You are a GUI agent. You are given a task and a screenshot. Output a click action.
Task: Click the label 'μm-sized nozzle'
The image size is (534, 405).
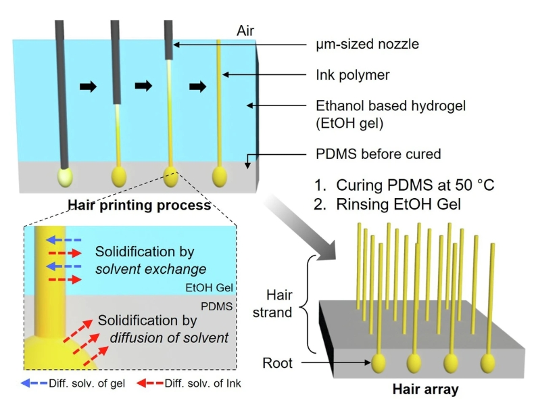click(367, 44)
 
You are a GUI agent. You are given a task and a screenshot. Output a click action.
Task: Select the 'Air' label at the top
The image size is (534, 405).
click(247, 31)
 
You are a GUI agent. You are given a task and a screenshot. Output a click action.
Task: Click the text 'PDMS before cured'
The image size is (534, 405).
click(379, 154)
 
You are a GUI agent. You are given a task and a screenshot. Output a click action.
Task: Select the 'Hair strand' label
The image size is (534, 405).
click(278, 304)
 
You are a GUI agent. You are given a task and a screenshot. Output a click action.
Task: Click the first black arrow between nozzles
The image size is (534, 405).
click(88, 86)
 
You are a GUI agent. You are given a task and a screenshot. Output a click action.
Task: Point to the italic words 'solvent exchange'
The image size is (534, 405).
click(150, 269)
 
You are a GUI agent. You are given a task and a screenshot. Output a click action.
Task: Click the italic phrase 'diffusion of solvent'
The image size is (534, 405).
click(170, 337)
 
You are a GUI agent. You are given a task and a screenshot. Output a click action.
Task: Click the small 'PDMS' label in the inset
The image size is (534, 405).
click(220, 306)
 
